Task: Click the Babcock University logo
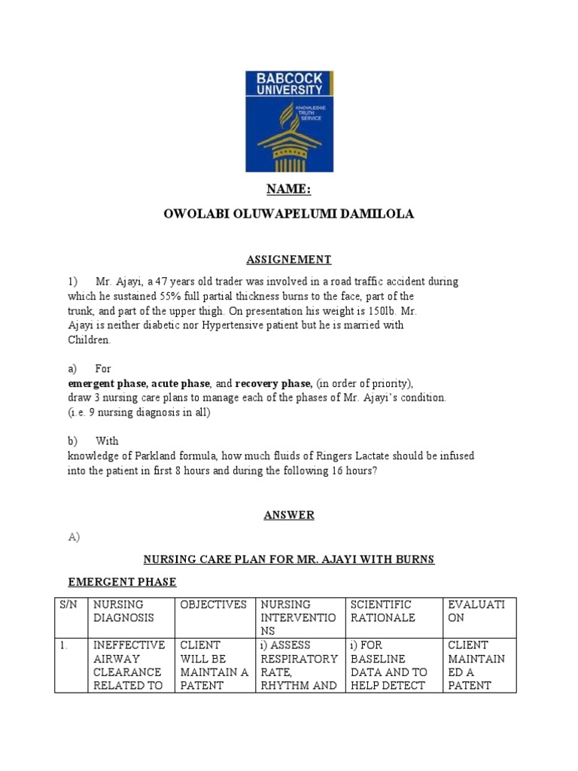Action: click(x=289, y=121)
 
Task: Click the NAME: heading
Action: click(x=289, y=190)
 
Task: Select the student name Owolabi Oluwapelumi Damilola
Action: click(x=289, y=215)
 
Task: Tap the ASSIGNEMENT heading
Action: click(x=289, y=260)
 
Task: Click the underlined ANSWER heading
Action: click(x=289, y=516)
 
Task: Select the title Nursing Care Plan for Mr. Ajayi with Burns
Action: click(x=289, y=560)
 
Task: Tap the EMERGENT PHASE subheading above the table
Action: click(x=123, y=582)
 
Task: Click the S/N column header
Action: click(x=68, y=605)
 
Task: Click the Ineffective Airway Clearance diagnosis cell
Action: click(x=128, y=666)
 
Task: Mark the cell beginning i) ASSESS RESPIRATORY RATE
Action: click(x=299, y=666)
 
